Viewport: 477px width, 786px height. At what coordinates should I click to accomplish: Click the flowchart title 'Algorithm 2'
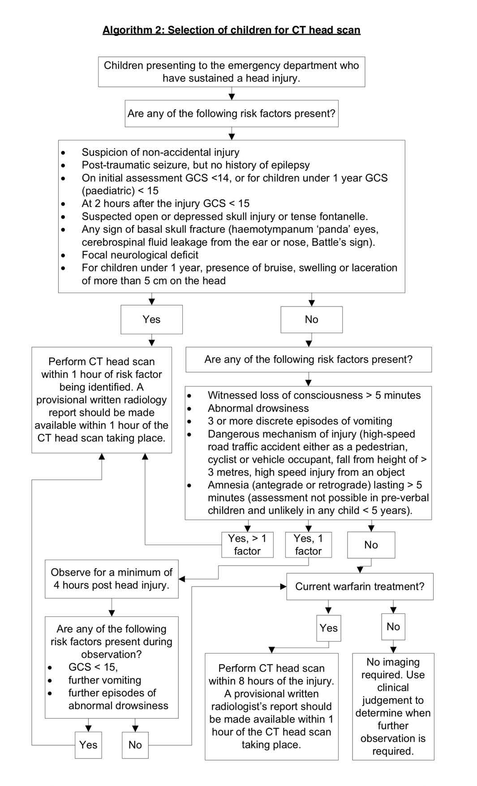231,30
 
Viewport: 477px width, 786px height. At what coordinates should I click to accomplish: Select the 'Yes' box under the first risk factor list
151,320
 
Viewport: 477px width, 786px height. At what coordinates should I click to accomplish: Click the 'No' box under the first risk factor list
311,320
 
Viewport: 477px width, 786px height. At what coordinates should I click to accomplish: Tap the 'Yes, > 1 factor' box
247,544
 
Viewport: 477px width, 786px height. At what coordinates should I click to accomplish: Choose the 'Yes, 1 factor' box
308,544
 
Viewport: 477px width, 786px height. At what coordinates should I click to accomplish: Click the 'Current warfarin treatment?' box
360,587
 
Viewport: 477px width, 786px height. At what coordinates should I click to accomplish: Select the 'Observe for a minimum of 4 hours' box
112,579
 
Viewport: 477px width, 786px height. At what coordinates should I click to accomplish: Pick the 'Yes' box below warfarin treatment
328,628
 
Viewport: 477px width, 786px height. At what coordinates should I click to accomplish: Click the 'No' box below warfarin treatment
393,626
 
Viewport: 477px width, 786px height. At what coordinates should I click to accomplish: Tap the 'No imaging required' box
393,706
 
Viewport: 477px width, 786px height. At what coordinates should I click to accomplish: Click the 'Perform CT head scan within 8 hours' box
271,706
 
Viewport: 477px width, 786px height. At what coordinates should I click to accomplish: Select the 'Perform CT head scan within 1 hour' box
102,400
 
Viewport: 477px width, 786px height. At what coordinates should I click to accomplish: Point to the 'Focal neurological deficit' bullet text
140,255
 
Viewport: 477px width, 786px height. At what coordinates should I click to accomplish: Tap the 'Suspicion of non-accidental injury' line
160,152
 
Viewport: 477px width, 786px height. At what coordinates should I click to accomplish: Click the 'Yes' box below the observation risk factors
88,745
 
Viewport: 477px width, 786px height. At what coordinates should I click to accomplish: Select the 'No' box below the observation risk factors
135,745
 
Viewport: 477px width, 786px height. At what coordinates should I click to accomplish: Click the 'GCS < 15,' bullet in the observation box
93,667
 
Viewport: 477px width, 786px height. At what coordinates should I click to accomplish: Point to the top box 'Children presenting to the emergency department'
231,72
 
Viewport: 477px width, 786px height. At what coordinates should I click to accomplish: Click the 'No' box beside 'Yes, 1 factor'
371,545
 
